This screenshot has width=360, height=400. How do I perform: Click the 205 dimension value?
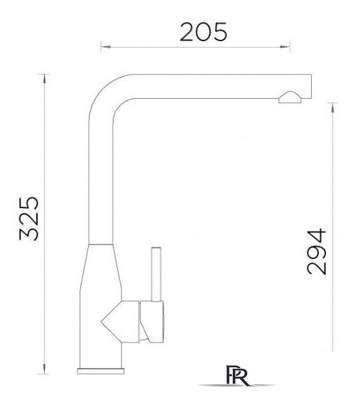tap(203, 32)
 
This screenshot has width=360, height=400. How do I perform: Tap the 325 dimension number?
tap(29, 219)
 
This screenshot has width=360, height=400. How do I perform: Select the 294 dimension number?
tap(317, 252)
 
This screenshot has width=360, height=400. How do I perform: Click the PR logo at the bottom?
tap(236, 376)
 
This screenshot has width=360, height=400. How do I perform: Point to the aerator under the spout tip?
tap(290, 97)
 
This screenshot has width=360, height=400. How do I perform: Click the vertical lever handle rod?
tap(156, 274)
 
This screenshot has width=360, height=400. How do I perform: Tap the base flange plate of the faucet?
tap(101, 371)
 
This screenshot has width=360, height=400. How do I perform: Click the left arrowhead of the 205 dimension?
tap(106, 47)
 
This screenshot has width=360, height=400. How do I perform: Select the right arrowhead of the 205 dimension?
tap(285, 47)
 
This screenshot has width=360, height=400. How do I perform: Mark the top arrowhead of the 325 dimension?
tap(45, 78)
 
